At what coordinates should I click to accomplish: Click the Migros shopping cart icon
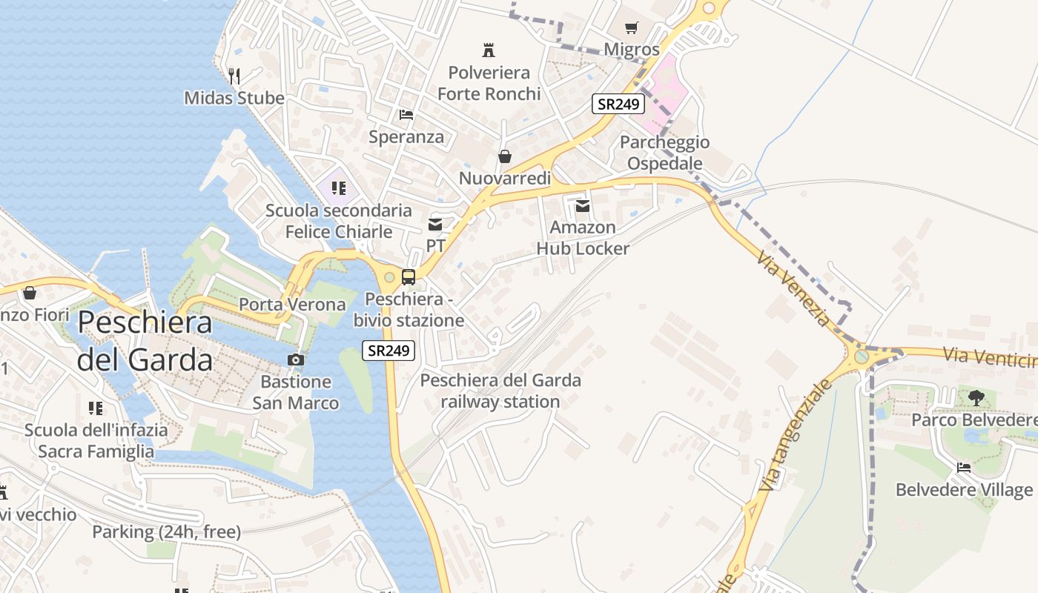click(631, 28)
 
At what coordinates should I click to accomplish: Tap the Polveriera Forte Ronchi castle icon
click(489, 50)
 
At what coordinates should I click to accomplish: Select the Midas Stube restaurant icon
click(234, 76)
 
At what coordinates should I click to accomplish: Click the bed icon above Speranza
click(406, 115)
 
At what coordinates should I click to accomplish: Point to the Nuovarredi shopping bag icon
click(505, 156)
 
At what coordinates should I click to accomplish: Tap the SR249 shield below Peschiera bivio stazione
click(389, 351)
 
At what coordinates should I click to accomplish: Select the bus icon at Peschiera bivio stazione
click(409, 277)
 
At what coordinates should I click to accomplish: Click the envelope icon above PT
click(435, 224)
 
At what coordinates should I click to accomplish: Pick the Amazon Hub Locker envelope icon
click(583, 205)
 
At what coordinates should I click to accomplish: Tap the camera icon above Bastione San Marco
click(296, 360)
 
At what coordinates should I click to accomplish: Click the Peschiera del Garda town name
click(145, 341)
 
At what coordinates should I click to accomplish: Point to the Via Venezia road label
click(793, 288)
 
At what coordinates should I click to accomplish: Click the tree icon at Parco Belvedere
click(976, 398)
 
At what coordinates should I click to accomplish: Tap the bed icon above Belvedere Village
click(964, 468)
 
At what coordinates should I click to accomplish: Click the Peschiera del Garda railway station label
click(500, 391)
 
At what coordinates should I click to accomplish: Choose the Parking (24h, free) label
click(166, 531)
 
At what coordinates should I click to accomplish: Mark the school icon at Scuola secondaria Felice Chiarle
click(339, 188)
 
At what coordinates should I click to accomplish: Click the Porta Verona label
click(292, 305)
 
